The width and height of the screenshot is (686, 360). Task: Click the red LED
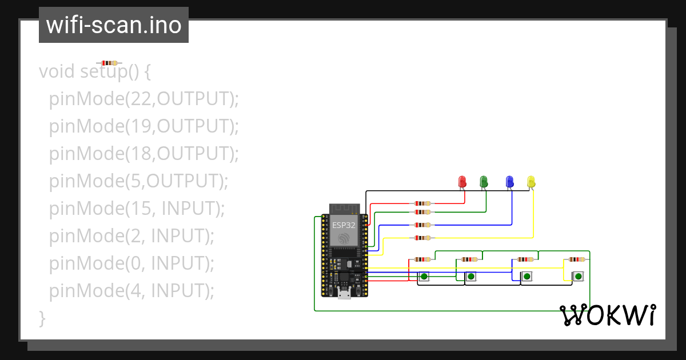pos(463,182)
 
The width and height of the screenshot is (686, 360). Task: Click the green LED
pos(484,182)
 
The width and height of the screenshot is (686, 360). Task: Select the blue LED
pos(509,182)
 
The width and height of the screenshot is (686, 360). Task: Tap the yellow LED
pos(531,182)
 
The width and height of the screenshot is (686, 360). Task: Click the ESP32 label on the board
pos(344,225)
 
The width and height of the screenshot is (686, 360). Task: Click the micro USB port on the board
pos(344,294)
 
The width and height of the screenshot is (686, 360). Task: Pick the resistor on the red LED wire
pos(422,203)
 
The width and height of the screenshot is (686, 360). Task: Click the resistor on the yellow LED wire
pos(422,238)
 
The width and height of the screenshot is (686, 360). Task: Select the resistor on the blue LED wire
pos(422,225)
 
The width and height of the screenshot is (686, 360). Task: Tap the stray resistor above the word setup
pos(109,63)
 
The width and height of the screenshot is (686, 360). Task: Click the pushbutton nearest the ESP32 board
pos(424,277)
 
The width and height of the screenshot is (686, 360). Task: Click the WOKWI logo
pos(607,315)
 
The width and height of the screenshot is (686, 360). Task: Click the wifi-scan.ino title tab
pos(114,25)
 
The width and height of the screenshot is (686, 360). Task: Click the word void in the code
pos(57,72)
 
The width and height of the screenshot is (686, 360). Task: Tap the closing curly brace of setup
pos(42,318)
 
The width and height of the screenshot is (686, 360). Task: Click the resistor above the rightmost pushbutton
pos(577,259)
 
